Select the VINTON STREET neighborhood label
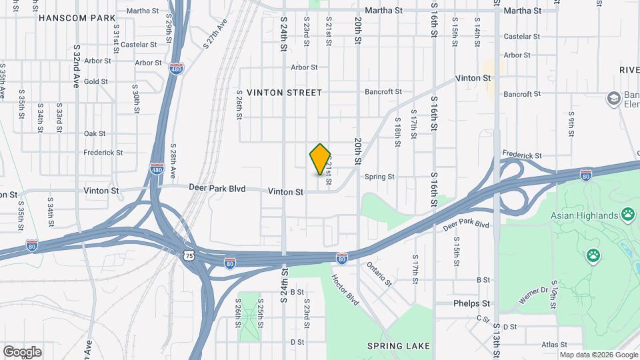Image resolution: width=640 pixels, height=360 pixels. tap(284, 93)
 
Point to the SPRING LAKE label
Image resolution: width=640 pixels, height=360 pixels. tap(399, 346)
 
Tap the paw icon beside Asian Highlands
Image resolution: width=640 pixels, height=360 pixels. tap(628, 215)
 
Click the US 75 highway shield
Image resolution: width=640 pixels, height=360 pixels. tap(190, 255)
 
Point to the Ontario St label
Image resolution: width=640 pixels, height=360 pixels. tap(379, 274)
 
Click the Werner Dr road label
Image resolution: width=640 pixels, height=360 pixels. tap(533, 295)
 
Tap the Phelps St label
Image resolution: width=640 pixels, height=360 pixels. tap(471, 303)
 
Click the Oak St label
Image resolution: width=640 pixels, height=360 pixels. tap(95, 133)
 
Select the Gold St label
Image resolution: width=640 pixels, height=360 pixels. tap(96, 82)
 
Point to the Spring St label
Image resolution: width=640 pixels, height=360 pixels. tap(380, 177)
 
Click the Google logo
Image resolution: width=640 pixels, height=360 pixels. tap(22, 352)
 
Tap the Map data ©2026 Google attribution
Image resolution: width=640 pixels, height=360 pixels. tap(598, 355)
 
